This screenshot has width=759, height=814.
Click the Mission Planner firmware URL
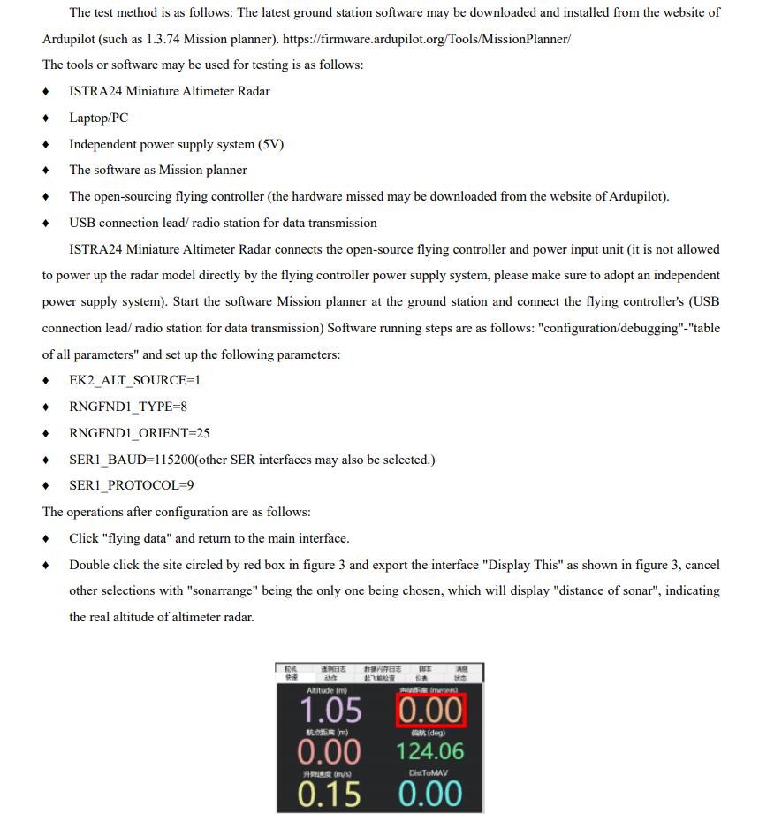[426, 40]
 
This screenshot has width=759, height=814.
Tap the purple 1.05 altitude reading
[330, 711]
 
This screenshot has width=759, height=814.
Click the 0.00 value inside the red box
[429, 711]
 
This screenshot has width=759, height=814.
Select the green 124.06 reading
[429, 751]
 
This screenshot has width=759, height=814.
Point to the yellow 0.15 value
[329, 794]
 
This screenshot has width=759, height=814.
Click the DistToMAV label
[429, 773]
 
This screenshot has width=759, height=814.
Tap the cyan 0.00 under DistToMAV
[429, 794]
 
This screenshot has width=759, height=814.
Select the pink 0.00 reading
[329, 751]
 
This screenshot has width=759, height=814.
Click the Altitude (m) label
[327, 690]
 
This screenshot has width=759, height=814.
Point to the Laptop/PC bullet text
[98, 118]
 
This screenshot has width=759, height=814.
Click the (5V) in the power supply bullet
[270, 144]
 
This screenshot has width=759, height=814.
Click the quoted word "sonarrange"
[219, 590]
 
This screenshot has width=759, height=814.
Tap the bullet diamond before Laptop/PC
[46, 118]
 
